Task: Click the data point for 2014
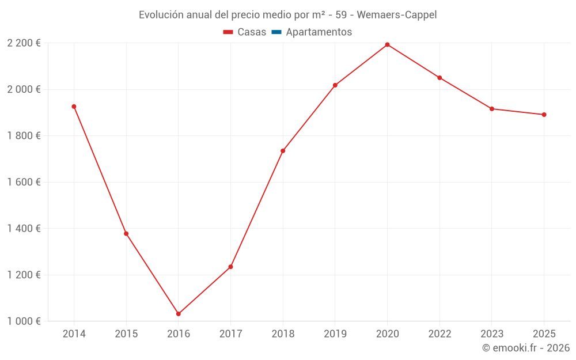point(74,107)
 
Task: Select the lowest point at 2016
point(179,314)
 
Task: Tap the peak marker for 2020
point(387,44)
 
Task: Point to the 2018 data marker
point(283,151)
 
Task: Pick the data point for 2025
point(544,115)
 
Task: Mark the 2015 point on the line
point(126,234)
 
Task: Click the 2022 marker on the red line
point(439,78)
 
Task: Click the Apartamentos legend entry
point(319,32)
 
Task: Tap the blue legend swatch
point(276,32)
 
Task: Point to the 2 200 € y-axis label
point(24,43)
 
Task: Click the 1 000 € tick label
point(24,321)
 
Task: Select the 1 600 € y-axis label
point(24,182)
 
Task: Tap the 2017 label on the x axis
point(230,334)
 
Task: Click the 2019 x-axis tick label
point(335,334)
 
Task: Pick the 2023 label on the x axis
point(491,334)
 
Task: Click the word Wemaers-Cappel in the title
point(397,15)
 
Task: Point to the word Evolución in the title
point(161,15)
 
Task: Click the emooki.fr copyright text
point(526,348)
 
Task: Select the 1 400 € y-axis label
point(24,229)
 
